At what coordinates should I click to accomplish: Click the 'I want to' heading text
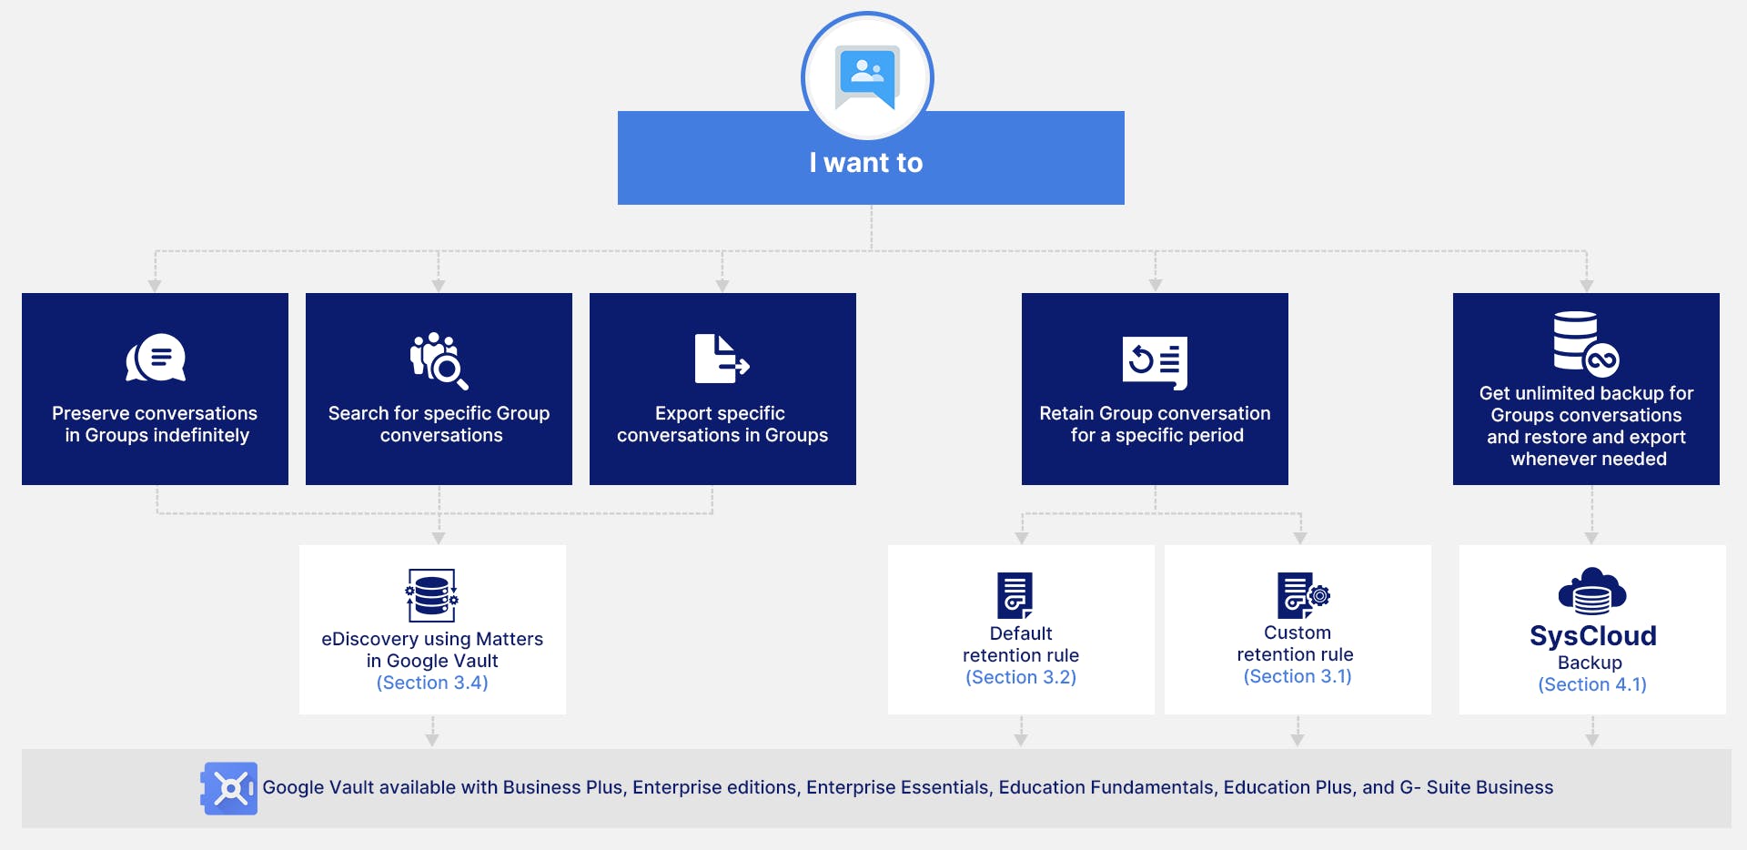(x=866, y=163)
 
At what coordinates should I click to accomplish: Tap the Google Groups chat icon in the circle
(x=867, y=76)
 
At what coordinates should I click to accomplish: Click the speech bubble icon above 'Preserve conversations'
(x=156, y=358)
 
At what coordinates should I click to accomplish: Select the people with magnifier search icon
(x=439, y=360)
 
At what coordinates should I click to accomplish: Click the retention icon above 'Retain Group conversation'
(x=1155, y=362)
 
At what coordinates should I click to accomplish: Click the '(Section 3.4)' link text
(x=432, y=683)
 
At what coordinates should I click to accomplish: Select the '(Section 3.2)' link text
(x=1021, y=677)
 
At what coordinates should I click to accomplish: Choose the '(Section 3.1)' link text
(x=1298, y=676)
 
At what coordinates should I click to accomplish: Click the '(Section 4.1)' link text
(x=1592, y=684)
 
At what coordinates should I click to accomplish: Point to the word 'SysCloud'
(x=1592, y=635)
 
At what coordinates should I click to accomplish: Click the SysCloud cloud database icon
(x=1592, y=592)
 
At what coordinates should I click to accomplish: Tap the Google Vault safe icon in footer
(x=229, y=788)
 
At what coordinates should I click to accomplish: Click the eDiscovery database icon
(x=431, y=595)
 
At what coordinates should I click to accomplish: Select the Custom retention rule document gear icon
(x=1304, y=595)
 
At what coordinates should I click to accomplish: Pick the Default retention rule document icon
(x=1015, y=595)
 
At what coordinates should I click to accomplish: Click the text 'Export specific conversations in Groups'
(x=722, y=424)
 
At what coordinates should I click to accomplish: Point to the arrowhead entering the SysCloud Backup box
(x=1591, y=538)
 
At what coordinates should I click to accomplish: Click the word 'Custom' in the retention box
(x=1298, y=632)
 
